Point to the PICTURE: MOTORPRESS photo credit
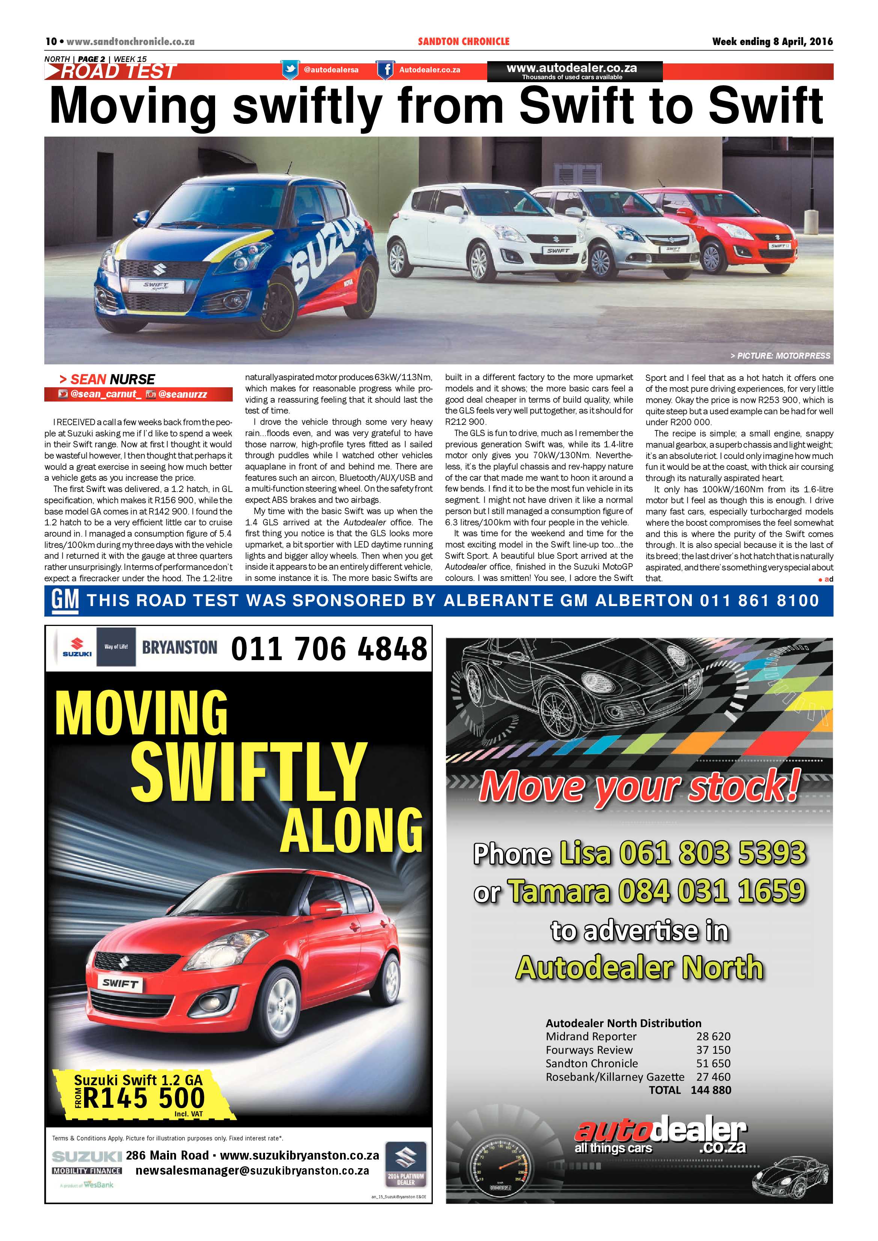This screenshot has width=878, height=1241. (x=780, y=356)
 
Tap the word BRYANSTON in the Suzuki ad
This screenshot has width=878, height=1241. (x=179, y=648)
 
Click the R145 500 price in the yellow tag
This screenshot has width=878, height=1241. (x=144, y=1098)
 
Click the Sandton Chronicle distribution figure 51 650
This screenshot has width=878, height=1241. (x=713, y=1063)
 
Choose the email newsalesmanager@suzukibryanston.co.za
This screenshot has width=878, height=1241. (x=253, y=1171)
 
